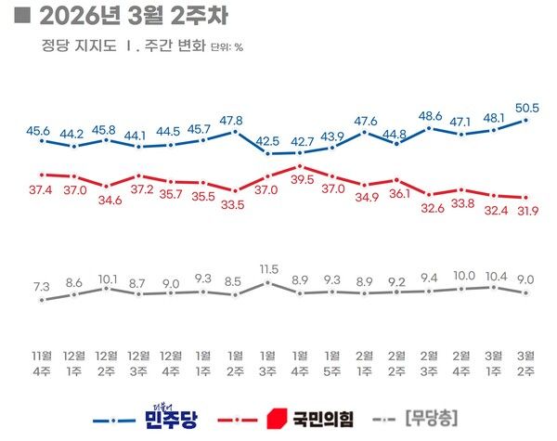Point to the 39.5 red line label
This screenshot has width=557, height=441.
299,179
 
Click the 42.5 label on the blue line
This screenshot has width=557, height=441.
267,140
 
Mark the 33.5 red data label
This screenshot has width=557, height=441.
235,205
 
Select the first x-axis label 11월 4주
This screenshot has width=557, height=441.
42,363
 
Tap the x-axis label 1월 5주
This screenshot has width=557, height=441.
331,363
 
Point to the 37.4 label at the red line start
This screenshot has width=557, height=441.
42,189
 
